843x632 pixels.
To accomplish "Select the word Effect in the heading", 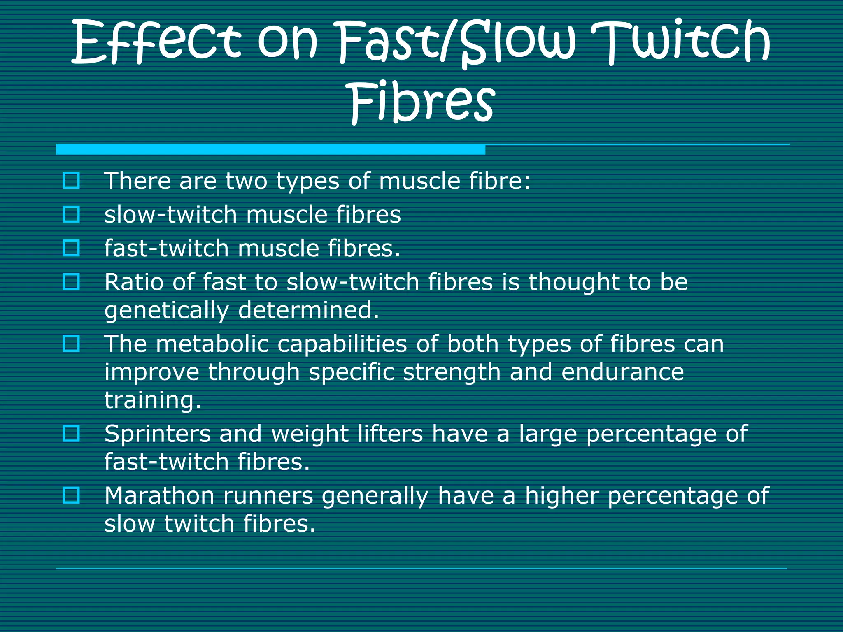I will click(156, 43).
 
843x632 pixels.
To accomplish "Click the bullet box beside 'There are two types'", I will click(71, 181).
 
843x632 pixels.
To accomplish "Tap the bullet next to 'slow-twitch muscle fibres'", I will click(71, 214).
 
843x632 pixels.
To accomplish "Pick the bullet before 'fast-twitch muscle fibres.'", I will click(71, 248).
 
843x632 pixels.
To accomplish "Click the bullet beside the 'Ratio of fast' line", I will click(71, 282).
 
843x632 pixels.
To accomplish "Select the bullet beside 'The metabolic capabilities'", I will click(71, 344).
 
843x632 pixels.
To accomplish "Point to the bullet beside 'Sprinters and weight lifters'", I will click(71, 433).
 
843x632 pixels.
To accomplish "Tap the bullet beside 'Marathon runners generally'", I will click(71, 495).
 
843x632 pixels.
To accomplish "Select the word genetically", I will click(166, 311).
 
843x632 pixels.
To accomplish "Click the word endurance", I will click(622, 372).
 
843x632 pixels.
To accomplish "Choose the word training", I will click(153, 401).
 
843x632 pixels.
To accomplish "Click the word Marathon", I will click(159, 495).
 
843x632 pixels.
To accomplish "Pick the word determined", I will click(308, 310).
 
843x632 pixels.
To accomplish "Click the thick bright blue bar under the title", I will click(270, 149).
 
